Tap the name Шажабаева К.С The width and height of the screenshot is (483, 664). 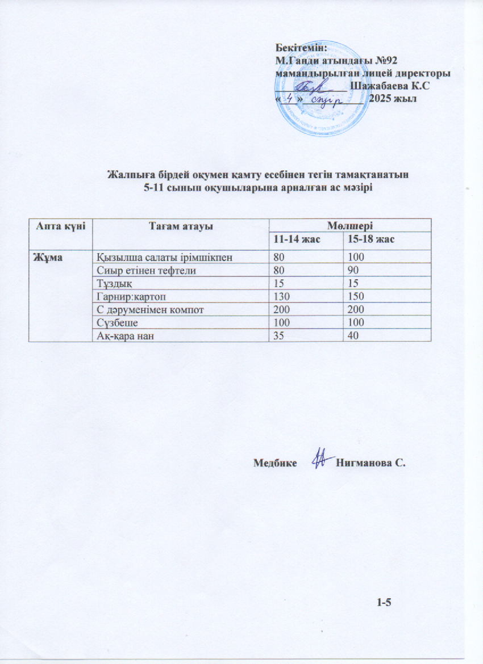(389, 86)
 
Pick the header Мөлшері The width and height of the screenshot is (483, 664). (350, 225)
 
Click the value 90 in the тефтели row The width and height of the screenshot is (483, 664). (353, 271)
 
